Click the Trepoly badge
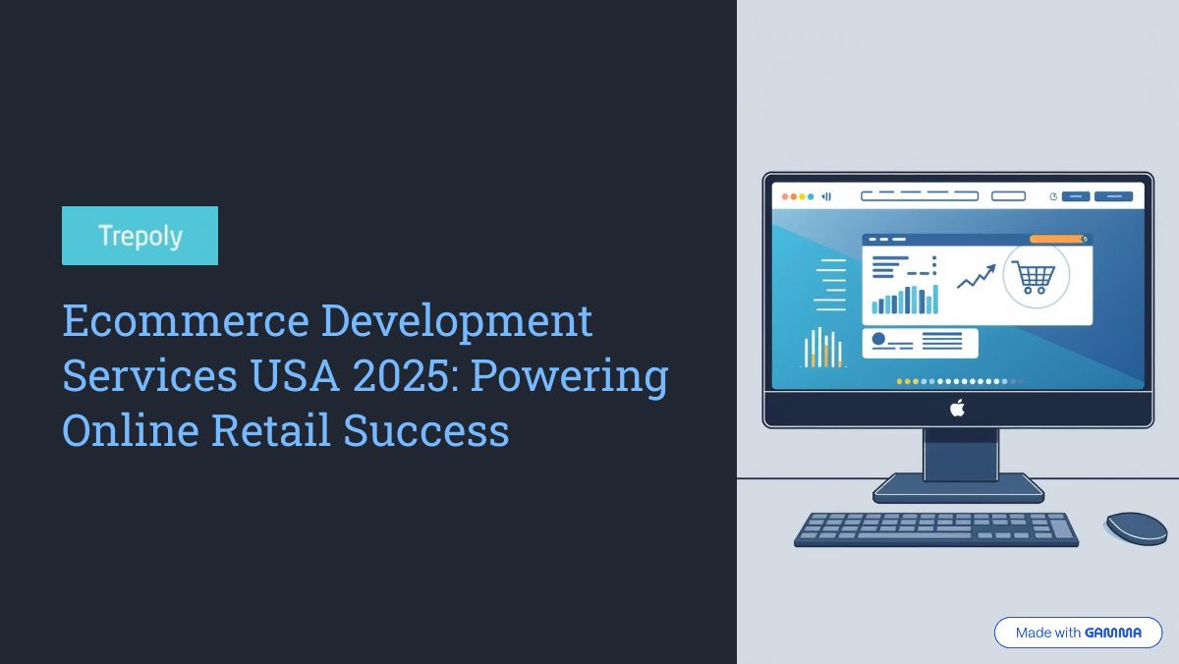140,236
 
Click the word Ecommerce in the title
186,320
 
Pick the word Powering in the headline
569,378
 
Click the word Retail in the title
271,430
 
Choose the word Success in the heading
426,430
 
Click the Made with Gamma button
1078,633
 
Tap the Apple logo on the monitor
957,409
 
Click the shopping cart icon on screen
1035,277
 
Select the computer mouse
1137,528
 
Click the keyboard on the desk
935,529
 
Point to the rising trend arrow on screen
977,276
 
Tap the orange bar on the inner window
1057,240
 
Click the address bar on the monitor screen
920,196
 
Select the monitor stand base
959,488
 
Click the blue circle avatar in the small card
878,339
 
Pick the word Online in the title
131,430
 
